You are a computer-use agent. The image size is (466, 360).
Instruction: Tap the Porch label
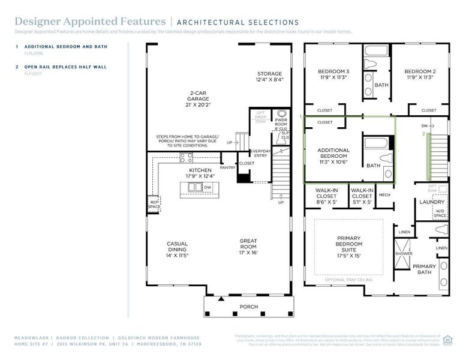tap(248, 307)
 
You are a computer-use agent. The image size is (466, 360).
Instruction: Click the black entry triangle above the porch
tap(221, 298)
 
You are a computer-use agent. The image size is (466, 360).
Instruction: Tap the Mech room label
tap(384, 194)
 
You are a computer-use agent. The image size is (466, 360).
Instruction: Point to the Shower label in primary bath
tap(403, 253)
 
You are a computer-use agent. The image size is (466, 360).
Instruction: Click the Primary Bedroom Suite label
tap(348, 244)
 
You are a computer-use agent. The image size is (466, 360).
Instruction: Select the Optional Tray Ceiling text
tap(348, 280)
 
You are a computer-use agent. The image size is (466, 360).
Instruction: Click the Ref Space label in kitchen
tap(154, 205)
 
